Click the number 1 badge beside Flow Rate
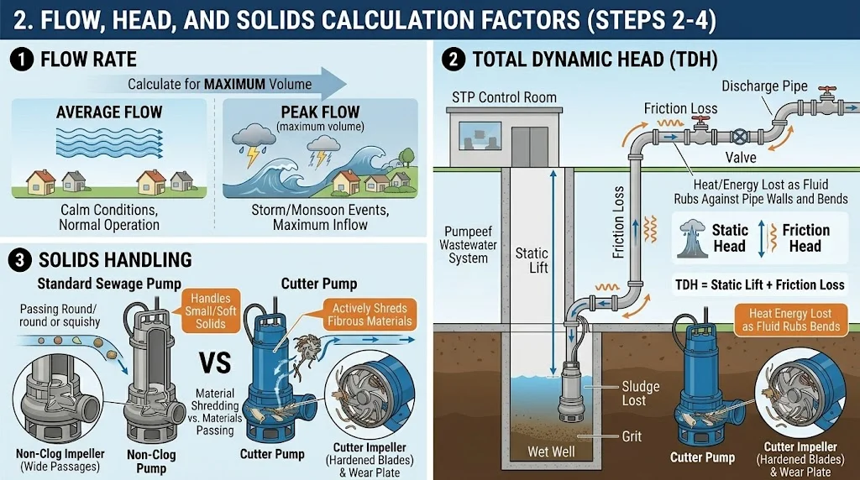[22, 60]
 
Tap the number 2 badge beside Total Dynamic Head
[454, 60]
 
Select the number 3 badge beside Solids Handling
[20, 260]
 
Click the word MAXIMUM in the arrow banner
[234, 85]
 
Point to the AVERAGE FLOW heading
[109, 112]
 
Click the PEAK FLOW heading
[320, 112]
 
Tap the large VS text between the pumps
[215, 363]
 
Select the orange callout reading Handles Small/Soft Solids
[211, 310]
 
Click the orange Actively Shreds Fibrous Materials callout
[370, 315]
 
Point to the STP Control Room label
[504, 97]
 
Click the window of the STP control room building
[480, 136]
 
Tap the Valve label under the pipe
[741, 158]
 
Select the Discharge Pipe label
[764, 86]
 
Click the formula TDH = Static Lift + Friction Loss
[759, 285]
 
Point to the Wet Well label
[551, 451]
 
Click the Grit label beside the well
[632, 436]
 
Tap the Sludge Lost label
[640, 394]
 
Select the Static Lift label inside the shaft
[532, 260]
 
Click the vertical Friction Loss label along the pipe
[618, 222]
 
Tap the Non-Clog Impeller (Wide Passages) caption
[60, 460]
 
